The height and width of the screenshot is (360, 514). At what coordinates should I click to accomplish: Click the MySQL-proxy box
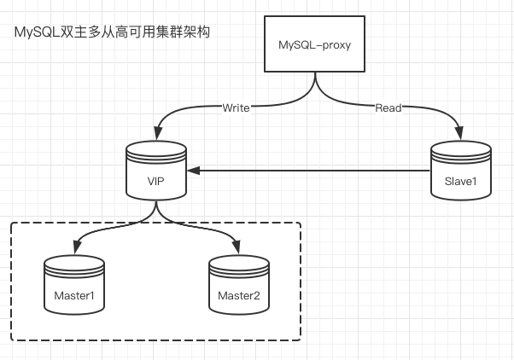pyautogui.click(x=316, y=44)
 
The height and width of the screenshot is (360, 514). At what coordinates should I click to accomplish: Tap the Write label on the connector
pyautogui.click(x=236, y=108)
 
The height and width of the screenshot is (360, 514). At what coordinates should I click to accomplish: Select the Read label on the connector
pyautogui.click(x=388, y=108)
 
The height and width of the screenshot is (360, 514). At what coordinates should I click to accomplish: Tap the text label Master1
pyautogui.click(x=74, y=295)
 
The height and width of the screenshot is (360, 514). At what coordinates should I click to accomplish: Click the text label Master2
pyautogui.click(x=238, y=295)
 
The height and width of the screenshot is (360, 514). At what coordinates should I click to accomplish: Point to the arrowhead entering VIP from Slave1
pyautogui.click(x=194, y=171)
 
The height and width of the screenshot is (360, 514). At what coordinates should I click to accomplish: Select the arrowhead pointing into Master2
pyautogui.click(x=238, y=249)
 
